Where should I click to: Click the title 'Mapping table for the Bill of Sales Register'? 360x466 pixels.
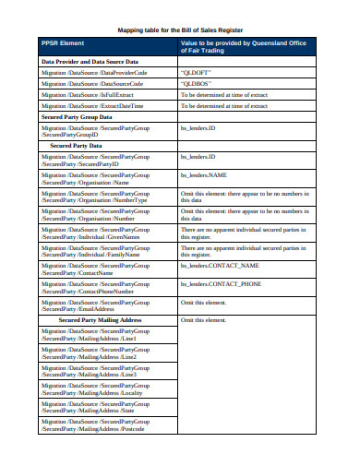[179, 29]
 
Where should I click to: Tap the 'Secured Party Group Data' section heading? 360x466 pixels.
[78, 117]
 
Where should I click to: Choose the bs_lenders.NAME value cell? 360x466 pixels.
[204, 173]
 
